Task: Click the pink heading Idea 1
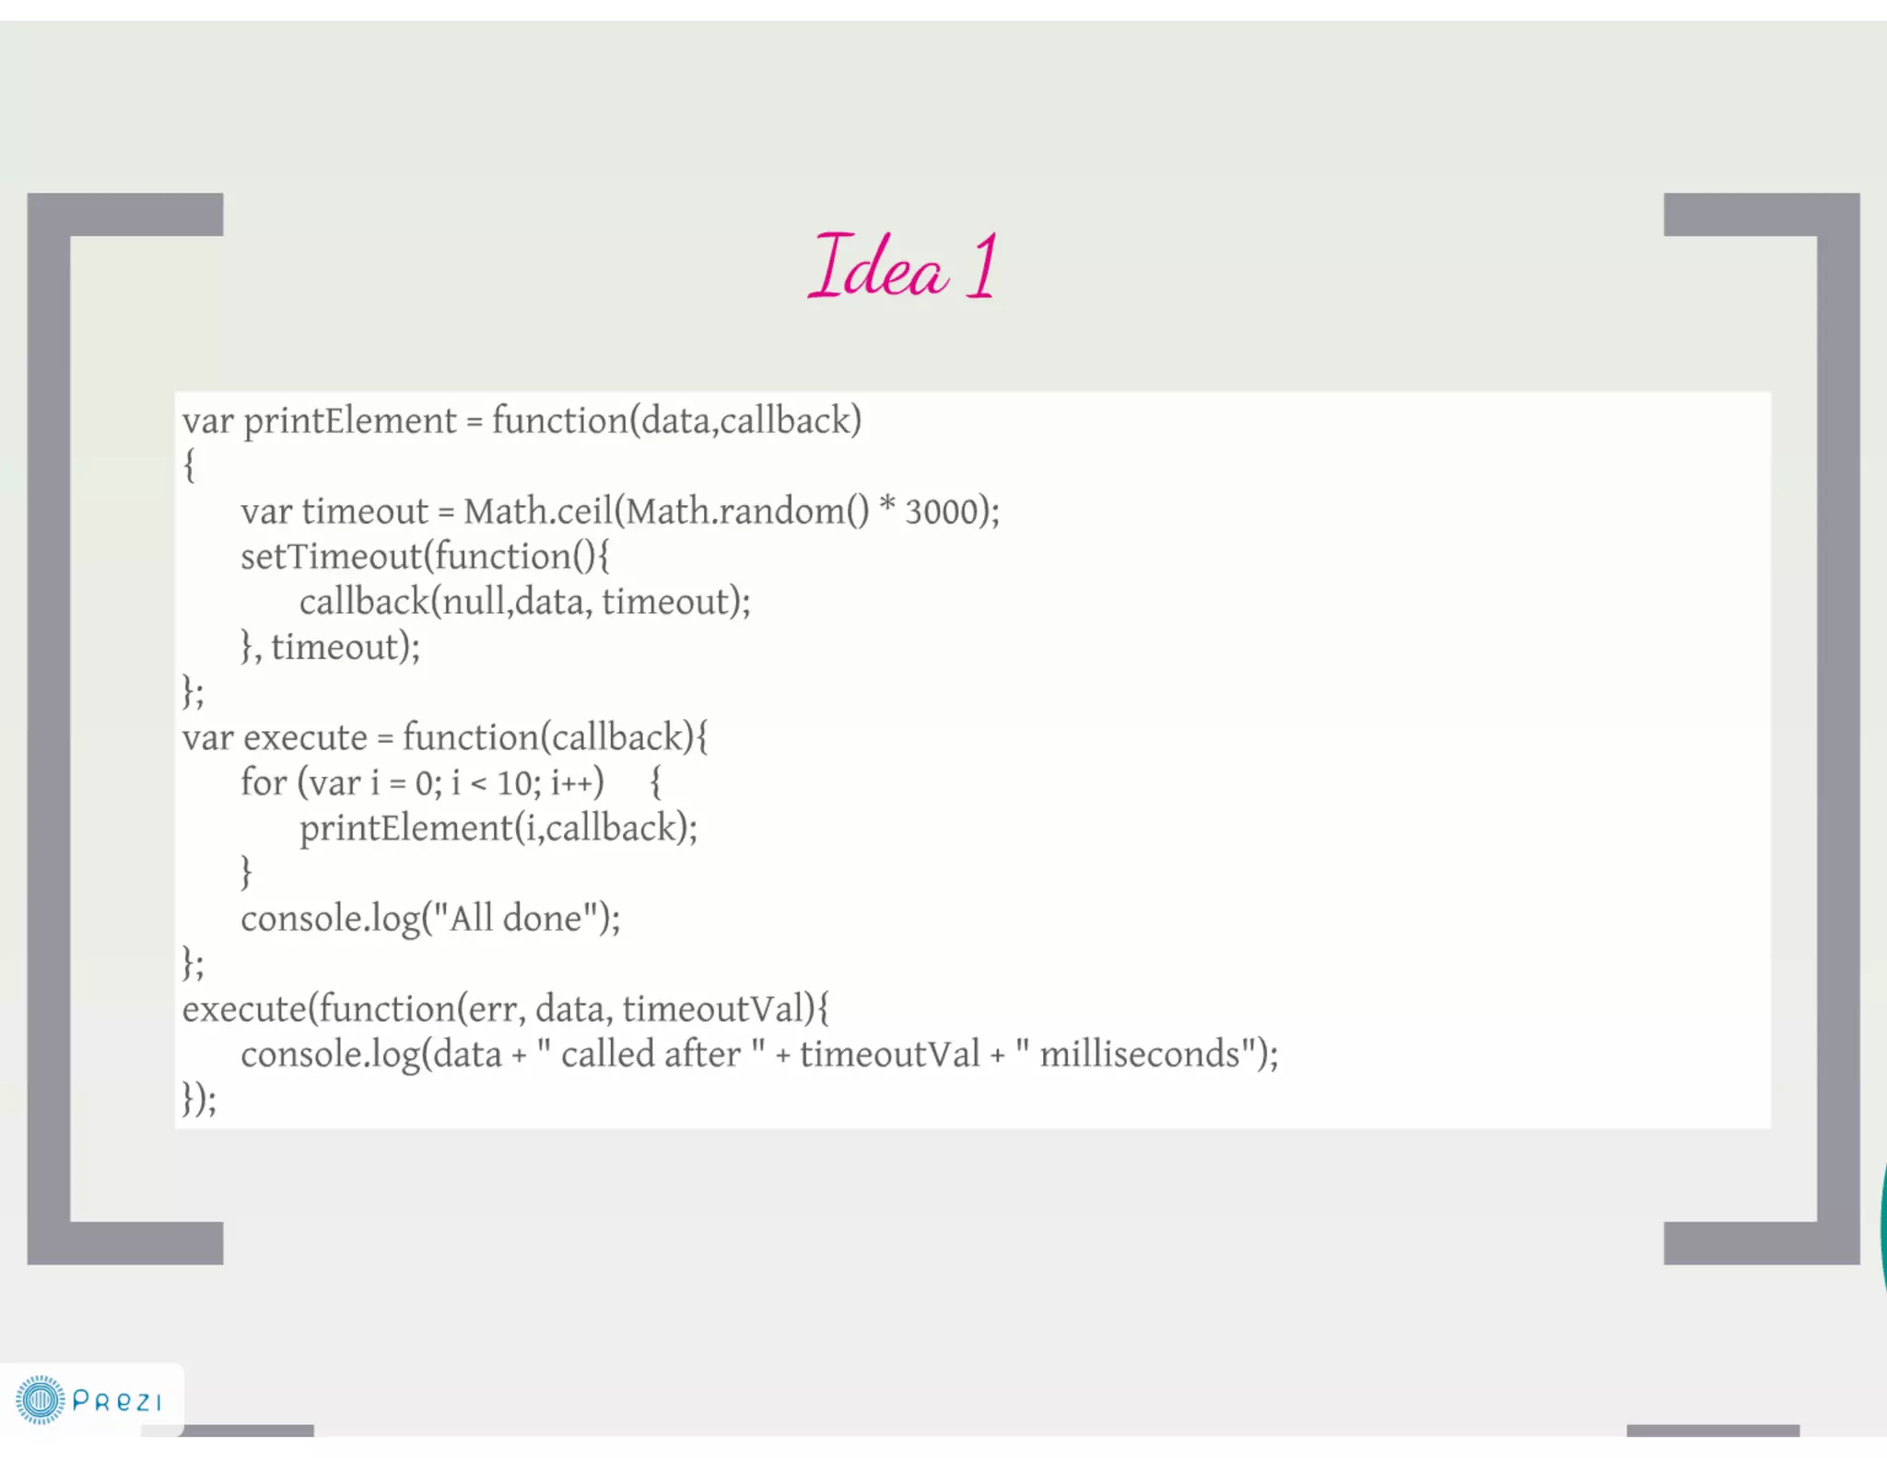(x=903, y=267)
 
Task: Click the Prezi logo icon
(x=41, y=1400)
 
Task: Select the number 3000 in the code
(x=941, y=511)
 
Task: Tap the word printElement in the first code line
(x=349, y=421)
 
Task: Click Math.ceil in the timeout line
(x=539, y=511)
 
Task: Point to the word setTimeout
(x=332, y=557)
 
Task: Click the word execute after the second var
(x=305, y=738)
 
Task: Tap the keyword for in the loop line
(x=264, y=782)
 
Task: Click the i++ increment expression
(x=572, y=783)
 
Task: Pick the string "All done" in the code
(x=515, y=919)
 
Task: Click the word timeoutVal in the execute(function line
(x=714, y=1009)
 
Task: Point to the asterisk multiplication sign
(x=887, y=506)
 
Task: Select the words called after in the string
(x=650, y=1054)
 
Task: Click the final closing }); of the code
(x=199, y=1099)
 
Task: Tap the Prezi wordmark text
(x=117, y=1402)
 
